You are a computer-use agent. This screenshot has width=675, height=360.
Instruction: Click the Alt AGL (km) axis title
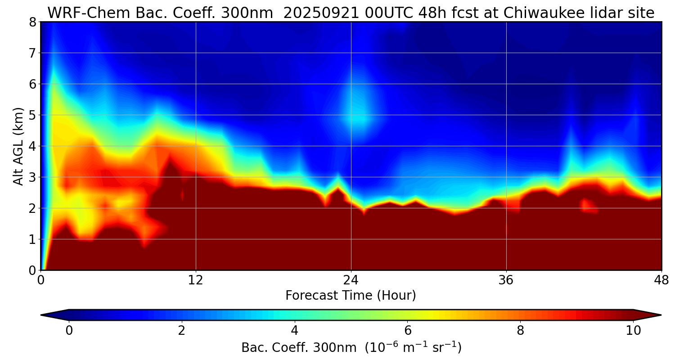coord(18,146)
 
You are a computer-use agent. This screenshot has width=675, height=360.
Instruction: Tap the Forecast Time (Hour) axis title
coord(351,296)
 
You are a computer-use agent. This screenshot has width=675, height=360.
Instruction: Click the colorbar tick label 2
coord(181,331)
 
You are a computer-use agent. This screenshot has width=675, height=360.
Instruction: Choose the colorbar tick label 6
coord(407,331)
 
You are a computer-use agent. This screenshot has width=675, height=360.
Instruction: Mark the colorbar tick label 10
coord(633,331)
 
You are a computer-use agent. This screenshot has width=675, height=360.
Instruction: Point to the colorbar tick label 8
coord(520,331)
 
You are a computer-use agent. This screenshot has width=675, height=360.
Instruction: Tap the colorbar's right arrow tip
coord(660,315)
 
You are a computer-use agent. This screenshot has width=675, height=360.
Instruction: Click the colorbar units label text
coord(351,348)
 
